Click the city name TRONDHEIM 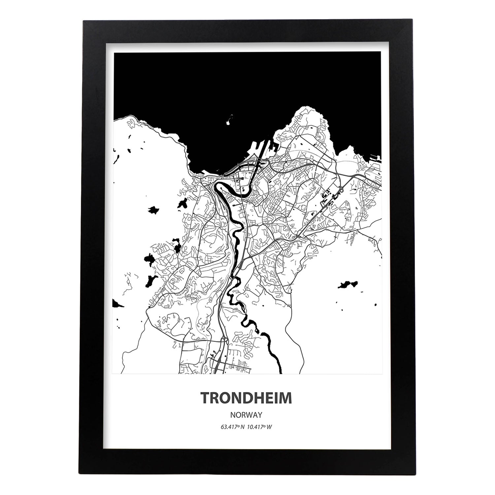pyautogui.click(x=246, y=398)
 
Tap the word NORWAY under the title pyautogui.click(x=246, y=414)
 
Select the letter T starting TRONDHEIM pyautogui.click(x=205, y=398)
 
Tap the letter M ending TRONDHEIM pyautogui.click(x=286, y=398)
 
